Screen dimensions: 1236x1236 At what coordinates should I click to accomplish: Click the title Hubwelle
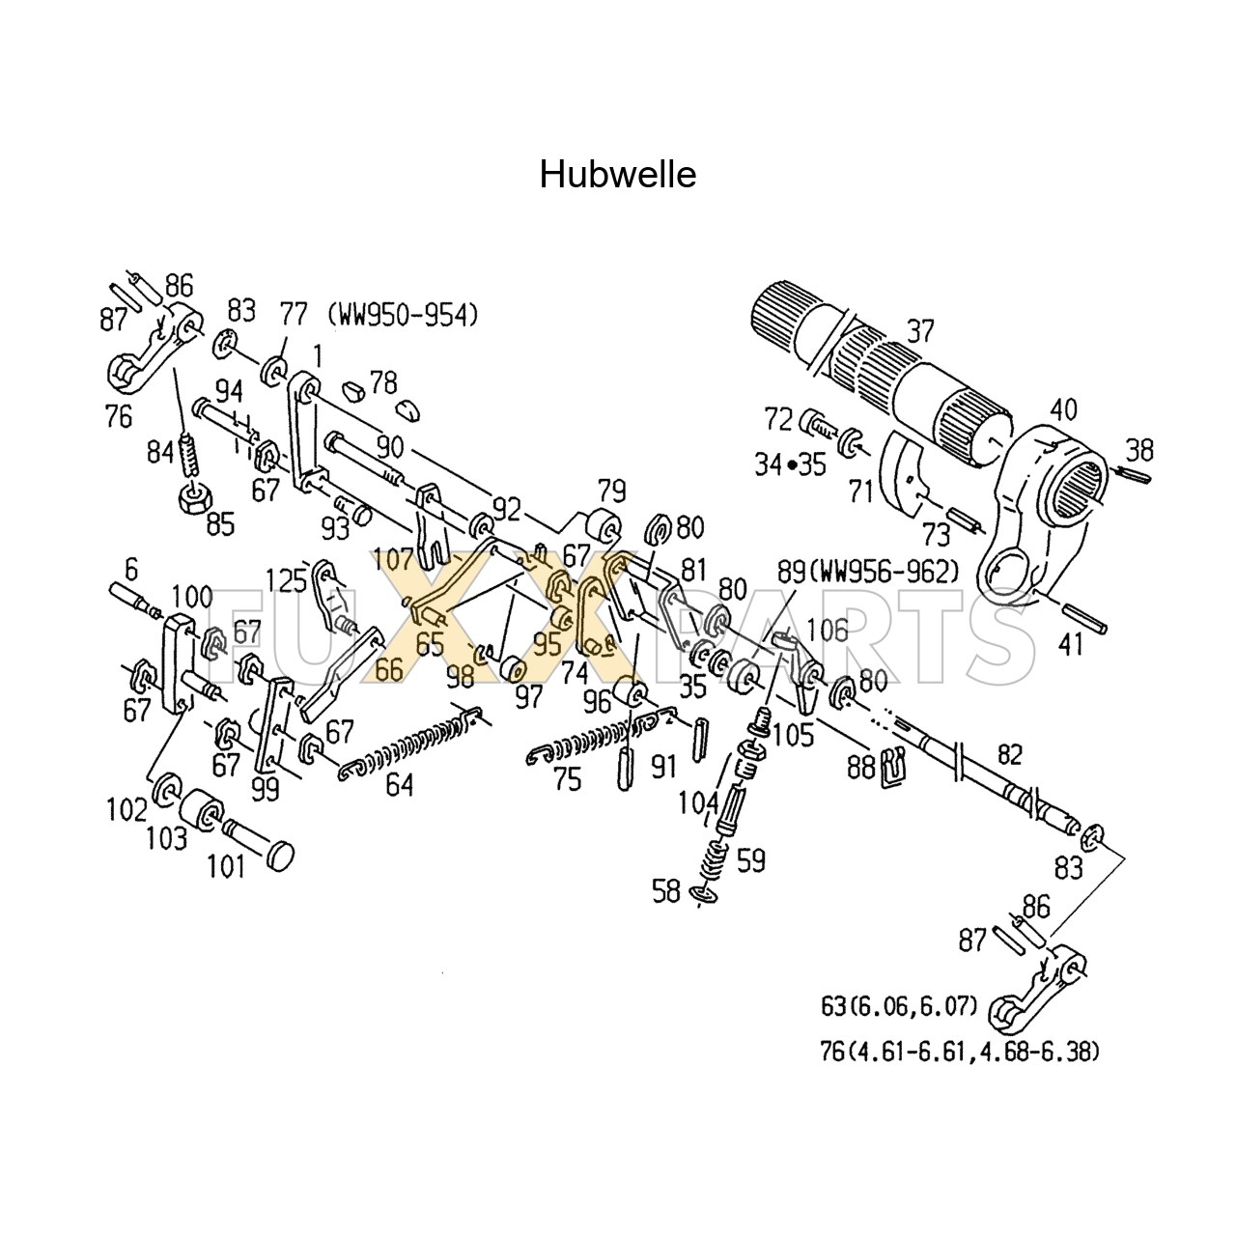pyautogui.click(x=618, y=175)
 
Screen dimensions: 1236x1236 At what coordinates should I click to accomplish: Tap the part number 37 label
pyautogui.click(x=920, y=331)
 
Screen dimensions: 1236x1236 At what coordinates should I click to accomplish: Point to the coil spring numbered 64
pyautogui.click(x=409, y=744)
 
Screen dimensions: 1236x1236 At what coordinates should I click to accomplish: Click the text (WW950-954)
pyautogui.click(x=403, y=316)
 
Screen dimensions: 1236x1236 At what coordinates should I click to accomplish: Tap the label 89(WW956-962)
pyautogui.click(x=868, y=571)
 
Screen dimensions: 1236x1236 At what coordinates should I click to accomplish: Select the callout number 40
pyautogui.click(x=1063, y=409)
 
